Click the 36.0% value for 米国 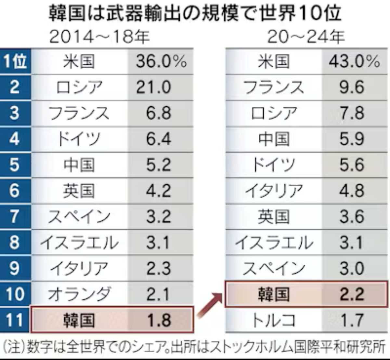coord(161,61)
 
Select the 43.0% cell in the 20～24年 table coord(354,61)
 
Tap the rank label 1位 coord(15,61)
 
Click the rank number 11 coord(15,320)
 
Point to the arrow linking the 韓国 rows coord(209,304)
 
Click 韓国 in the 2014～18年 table coord(79,320)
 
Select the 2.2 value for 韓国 coord(352,294)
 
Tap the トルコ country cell coord(274,320)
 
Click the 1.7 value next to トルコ coord(352,320)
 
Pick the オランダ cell coord(79,294)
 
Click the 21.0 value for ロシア coord(153,87)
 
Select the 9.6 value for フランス coord(352,87)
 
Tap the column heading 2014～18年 coord(99,37)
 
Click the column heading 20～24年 coord(305,37)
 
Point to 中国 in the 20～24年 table coord(274,139)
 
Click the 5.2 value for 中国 coord(158,165)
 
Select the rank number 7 coord(15,217)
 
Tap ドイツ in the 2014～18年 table coord(79,139)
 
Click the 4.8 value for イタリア coord(352,191)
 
